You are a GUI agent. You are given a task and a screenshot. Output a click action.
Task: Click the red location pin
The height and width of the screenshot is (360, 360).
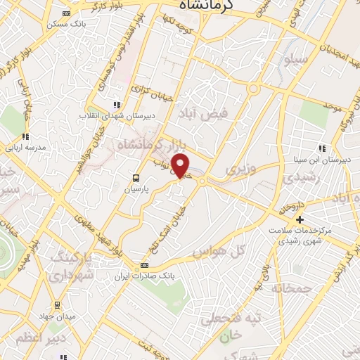[181, 166]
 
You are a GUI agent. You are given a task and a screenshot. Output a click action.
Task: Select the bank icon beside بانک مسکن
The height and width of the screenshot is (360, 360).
[67, 13]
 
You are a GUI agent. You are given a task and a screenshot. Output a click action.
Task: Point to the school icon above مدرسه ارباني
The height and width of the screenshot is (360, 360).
[25, 136]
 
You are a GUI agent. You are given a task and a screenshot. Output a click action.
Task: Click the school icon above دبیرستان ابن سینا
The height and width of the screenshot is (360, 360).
[322, 149]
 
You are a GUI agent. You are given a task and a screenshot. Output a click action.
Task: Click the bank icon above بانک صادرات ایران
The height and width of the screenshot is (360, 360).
[145, 265]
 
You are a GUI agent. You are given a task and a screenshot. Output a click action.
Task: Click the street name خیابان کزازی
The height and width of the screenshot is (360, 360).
[147, 91]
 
